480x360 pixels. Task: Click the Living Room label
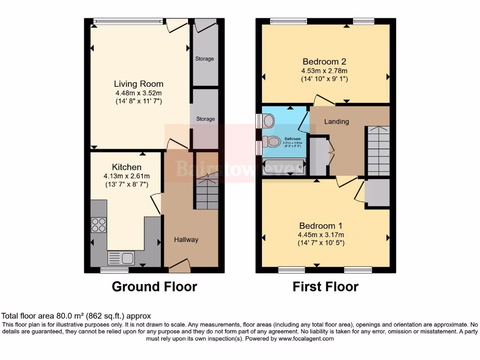139,84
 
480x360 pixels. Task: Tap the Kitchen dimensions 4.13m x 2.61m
127,176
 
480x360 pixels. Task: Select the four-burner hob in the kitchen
98,225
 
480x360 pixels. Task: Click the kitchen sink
121,257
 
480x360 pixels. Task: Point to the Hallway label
186,240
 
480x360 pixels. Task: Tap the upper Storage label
204,59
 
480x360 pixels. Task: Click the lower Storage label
205,119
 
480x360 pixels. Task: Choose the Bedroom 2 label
324,61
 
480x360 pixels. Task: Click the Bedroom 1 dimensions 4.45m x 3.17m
321,235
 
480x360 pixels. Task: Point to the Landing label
337,121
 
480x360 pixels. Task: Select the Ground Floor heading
154,286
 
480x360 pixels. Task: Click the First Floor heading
325,286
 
